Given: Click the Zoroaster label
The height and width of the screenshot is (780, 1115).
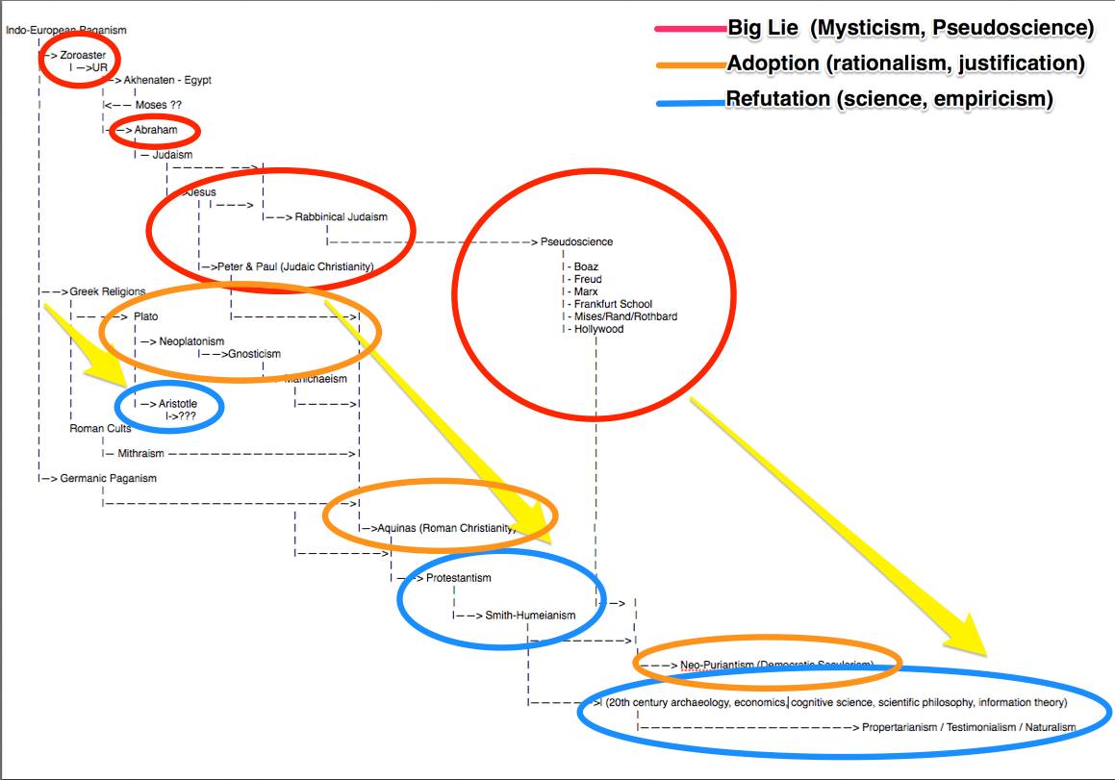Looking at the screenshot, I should tap(83, 55).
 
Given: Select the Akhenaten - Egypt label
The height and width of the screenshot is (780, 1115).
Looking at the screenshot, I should tap(167, 80).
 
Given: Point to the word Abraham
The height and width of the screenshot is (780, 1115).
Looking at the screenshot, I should tap(156, 130).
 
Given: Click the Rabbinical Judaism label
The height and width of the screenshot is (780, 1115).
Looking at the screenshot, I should tap(341, 216).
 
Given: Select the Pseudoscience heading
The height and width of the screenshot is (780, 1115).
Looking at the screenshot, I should tap(576, 241).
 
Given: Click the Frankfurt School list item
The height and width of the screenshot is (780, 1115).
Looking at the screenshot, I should tap(613, 304).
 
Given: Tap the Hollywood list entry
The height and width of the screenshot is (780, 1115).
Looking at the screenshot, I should tap(598, 329).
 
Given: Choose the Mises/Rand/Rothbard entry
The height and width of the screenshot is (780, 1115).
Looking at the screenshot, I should tap(625, 316).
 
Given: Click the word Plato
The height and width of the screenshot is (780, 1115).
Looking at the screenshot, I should tap(146, 316).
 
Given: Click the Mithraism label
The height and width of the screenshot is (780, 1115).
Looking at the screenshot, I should tap(140, 453).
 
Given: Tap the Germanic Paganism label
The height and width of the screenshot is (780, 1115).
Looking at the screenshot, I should tap(108, 478).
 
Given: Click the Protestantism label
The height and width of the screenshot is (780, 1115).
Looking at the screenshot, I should tap(458, 578).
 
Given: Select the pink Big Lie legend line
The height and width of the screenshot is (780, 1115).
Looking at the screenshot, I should tap(689, 29).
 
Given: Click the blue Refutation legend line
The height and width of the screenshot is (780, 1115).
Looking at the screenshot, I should tap(689, 99).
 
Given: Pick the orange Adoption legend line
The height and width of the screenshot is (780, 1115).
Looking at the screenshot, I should tap(689, 64).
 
